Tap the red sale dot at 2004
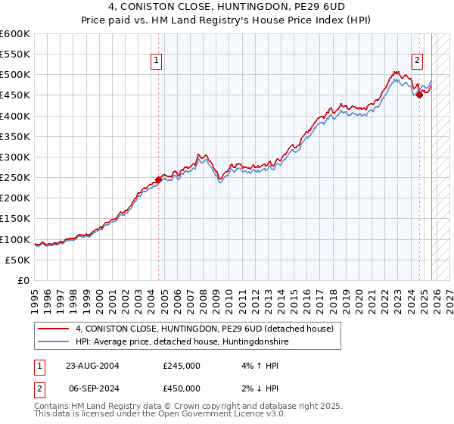pyautogui.click(x=158, y=180)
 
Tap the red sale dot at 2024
pyautogui.click(x=419, y=95)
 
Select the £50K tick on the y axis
pyautogui.click(x=18, y=260)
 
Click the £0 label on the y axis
pyautogui.click(x=23, y=280)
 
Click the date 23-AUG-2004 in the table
pyautogui.click(x=92, y=366)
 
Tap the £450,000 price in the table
pyautogui.click(x=182, y=388)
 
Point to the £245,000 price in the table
pyautogui.click(x=182, y=366)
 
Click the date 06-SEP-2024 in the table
pyautogui.click(x=92, y=388)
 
